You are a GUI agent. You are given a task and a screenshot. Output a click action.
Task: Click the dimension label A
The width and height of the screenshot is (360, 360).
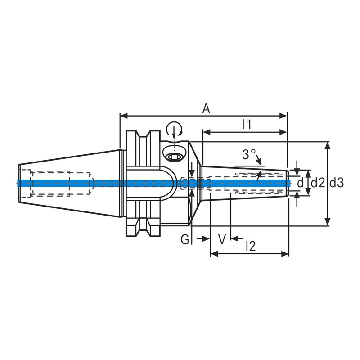click(206, 108)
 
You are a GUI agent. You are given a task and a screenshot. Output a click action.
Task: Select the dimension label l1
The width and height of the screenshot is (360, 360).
click(246, 125)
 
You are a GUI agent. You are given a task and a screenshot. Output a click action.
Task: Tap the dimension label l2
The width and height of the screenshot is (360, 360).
click(251, 246)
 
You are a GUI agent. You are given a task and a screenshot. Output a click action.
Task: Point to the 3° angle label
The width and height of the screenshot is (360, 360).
click(248, 155)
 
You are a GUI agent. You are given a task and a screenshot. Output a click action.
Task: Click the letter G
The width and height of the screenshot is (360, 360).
click(185, 239)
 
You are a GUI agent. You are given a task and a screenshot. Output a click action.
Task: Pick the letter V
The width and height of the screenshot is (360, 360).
click(221, 239)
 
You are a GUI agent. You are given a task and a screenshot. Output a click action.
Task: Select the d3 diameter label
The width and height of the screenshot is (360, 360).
click(337, 183)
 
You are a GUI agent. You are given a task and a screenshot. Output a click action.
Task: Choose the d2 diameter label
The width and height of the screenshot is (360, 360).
click(318, 183)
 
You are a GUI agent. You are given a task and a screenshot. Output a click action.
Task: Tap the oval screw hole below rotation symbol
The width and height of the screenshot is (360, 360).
click(174, 157)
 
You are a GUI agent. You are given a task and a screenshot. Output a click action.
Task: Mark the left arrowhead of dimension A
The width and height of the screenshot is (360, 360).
click(122, 116)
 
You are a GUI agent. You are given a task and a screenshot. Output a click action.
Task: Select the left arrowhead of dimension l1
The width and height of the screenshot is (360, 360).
click(205, 132)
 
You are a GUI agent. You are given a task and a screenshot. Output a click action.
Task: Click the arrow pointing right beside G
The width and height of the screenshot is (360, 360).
click(206, 239)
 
